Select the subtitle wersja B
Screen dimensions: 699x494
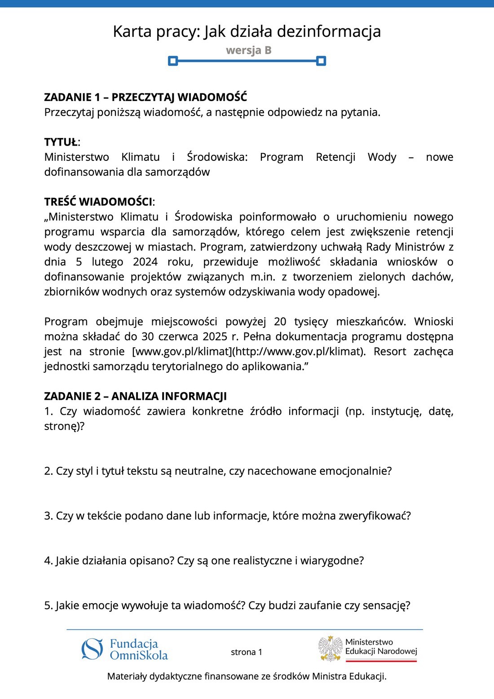pyautogui.click(x=249, y=50)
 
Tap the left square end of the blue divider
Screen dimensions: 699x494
pyautogui.click(x=173, y=61)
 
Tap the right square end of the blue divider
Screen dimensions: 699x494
pyautogui.click(x=321, y=61)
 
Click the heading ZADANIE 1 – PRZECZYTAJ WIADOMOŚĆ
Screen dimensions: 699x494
pyautogui.click(x=146, y=97)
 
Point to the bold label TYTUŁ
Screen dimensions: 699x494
pyautogui.click(x=61, y=142)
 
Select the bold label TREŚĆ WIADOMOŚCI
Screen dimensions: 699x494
pyautogui.click(x=98, y=202)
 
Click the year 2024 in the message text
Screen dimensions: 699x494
pyautogui.click(x=145, y=261)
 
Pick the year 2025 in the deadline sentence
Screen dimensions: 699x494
pyautogui.click(x=215, y=336)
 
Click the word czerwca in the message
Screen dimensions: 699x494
pyautogui.click(x=178, y=336)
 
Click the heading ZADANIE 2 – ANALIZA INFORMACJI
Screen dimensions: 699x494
pyautogui.click(x=135, y=396)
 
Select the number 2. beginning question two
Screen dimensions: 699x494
pyautogui.click(x=49, y=471)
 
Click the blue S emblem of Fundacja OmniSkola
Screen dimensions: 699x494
pyautogui.click(x=92, y=649)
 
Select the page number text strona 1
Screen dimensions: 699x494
pyautogui.click(x=247, y=652)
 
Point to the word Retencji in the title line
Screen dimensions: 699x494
pyautogui.click(x=335, y=157)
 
